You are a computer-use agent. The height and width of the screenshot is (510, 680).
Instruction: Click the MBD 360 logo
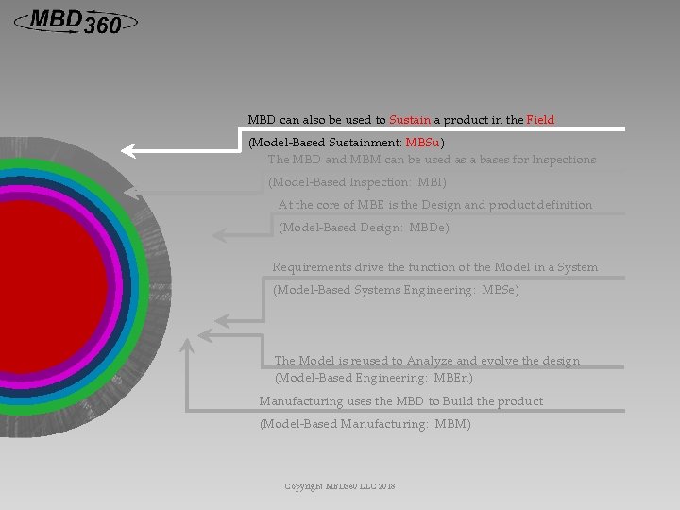pyautogui.click(x=75, y=21)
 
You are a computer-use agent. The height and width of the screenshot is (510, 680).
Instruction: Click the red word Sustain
pyautogui.click(x=410, y=120)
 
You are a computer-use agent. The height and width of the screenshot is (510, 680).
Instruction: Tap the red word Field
pyautogui.click(x=540, y=120)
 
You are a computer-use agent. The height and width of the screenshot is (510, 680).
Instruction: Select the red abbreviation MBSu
pyautogui.click(x=422, y=143)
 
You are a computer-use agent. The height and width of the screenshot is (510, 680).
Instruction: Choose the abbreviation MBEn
pyautogui.click(x=454, y=377)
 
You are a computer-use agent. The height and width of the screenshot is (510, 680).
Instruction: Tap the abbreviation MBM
pyautogui.click(x=451, y=425)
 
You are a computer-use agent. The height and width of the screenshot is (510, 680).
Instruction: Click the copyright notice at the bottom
pyautogui.click(x=340, y=486)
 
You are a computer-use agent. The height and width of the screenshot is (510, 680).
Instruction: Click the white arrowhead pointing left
pyautogui.click(x=132, y=149)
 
